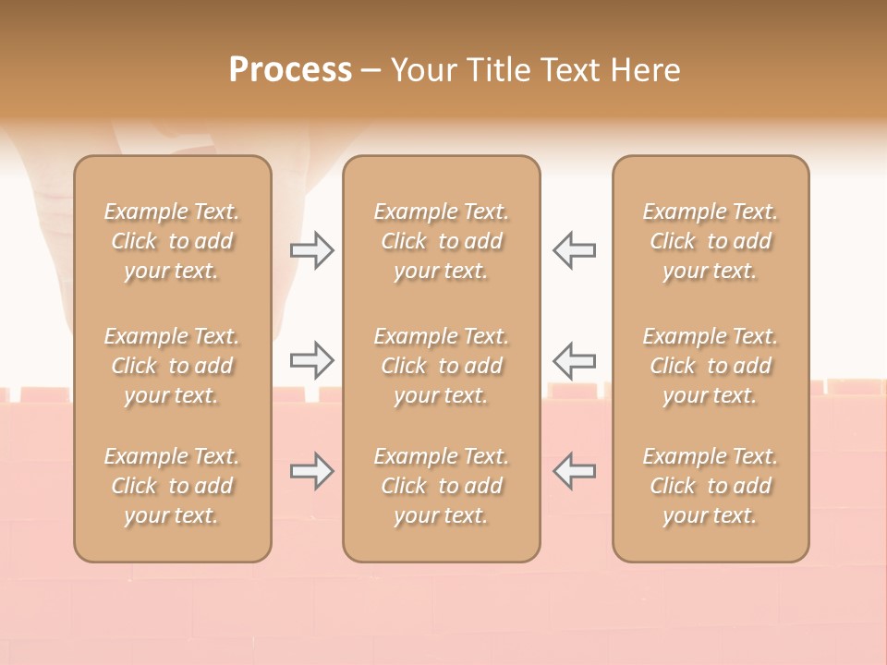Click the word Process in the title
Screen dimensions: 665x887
point(290,70)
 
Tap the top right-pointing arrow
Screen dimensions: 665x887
point(312,250)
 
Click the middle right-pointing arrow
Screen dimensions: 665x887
point(312,360)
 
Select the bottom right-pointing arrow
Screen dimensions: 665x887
point(312,471)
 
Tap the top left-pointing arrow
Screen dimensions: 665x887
point(574,250)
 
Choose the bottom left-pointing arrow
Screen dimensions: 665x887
point(574,471)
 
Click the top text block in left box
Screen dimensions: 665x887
point(172,241)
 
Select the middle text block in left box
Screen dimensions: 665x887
point(172,366)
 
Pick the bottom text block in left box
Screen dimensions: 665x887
point(172,486)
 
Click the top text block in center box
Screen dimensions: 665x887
point(441,241)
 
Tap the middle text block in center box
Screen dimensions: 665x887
point(441,366)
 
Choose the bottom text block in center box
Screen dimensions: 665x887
point(441,486)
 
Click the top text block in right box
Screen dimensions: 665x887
point(711,241)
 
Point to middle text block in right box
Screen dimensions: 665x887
point(711,366)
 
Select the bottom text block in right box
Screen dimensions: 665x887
point(711,486)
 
